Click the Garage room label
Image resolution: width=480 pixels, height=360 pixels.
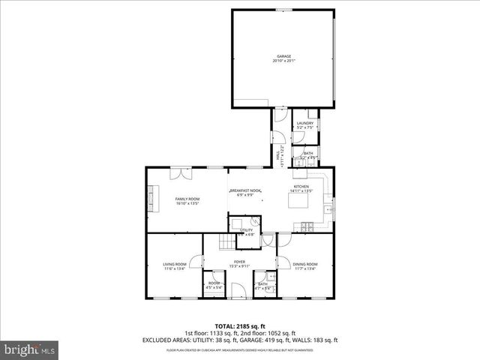(283, 58)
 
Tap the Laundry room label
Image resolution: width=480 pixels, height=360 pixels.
(304, 125)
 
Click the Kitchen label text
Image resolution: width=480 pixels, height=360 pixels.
(301, 188)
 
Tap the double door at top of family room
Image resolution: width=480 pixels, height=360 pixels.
(180, 173)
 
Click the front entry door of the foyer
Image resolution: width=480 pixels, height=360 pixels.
(239, 293)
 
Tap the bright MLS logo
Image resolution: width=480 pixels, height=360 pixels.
(29, 349)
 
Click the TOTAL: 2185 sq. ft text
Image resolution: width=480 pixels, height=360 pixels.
(240, 326)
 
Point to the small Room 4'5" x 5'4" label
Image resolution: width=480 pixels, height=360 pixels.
(214, 285)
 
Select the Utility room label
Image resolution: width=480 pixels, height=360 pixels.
(246, 232)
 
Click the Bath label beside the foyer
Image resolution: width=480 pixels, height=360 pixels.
(263, 285)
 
